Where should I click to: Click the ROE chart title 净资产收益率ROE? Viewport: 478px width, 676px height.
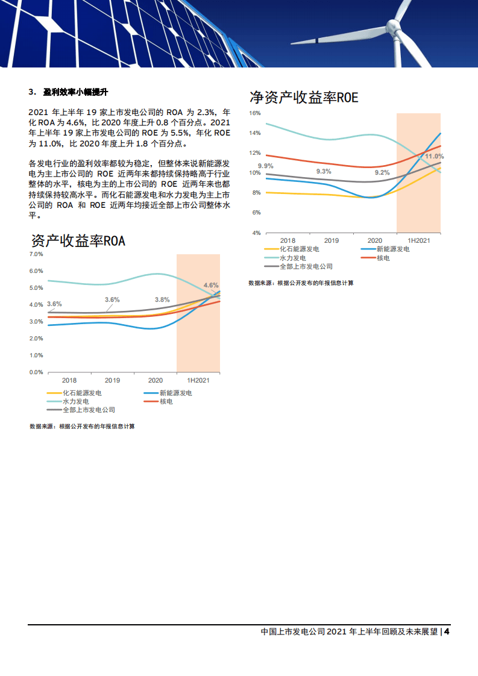(304, 98)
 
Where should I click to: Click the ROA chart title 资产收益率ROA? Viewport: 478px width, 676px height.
(78, 241)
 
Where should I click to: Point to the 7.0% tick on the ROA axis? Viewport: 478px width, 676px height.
(36, 254)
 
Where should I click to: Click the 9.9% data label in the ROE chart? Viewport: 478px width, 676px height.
(266, 166)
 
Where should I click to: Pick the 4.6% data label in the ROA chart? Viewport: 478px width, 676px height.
(211, 284)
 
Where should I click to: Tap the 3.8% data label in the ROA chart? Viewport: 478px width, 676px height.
(162, 299)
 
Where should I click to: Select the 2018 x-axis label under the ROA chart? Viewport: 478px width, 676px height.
(69, 381)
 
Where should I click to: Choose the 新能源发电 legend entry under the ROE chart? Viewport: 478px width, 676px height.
(392, 249)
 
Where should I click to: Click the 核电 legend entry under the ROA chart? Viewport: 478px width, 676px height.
(166, 401)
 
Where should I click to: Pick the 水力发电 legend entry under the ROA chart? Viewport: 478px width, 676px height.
(76, 401)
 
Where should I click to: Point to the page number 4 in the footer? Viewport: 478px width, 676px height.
(447, 632)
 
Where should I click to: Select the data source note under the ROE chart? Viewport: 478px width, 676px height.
(301, 283)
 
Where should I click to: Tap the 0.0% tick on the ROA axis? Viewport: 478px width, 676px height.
(36, 372)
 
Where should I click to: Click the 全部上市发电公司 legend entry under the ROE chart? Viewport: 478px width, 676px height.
(306, 266)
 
